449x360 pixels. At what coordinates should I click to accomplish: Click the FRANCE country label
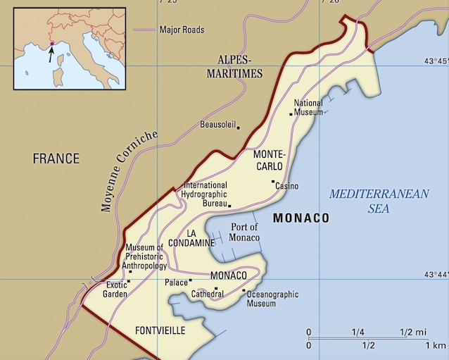click(56, 159)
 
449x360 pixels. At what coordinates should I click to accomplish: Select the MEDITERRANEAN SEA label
click(379, 201)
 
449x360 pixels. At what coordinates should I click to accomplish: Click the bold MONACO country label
click(301, 218)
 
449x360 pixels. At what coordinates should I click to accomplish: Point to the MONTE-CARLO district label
click(269, 160)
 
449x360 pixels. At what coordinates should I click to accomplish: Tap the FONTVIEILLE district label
click(160, 330)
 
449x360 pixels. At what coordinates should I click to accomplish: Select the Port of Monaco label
click(245, 232)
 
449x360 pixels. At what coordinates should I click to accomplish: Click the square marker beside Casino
click(273, 182)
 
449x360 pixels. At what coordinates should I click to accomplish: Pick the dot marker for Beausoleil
click(238, 128)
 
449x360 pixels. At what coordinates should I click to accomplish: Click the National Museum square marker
click(291, 113)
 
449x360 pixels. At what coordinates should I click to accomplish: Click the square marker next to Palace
click(191, 282)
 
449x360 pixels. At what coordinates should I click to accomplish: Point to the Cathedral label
click(208, 294)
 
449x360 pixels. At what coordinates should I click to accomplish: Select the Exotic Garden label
click(116, 290)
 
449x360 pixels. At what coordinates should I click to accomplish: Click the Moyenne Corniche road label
click(129, 171)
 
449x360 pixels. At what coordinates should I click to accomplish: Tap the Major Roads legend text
click(182, 30)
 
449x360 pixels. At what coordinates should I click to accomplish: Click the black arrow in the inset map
click(50, 54)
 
